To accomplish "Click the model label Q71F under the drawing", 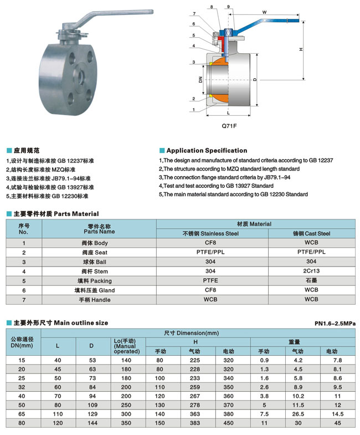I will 229,126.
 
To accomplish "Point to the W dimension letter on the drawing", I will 265,12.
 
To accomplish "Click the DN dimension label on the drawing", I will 200,80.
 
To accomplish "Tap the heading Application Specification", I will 207,151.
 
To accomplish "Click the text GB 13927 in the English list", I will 239,186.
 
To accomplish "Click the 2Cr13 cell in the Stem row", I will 311,272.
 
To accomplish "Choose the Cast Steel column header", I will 311,234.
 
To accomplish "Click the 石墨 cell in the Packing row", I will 311,281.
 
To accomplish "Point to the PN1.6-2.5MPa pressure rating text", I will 335,324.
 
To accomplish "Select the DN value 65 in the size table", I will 22,413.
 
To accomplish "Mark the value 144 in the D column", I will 92,423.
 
